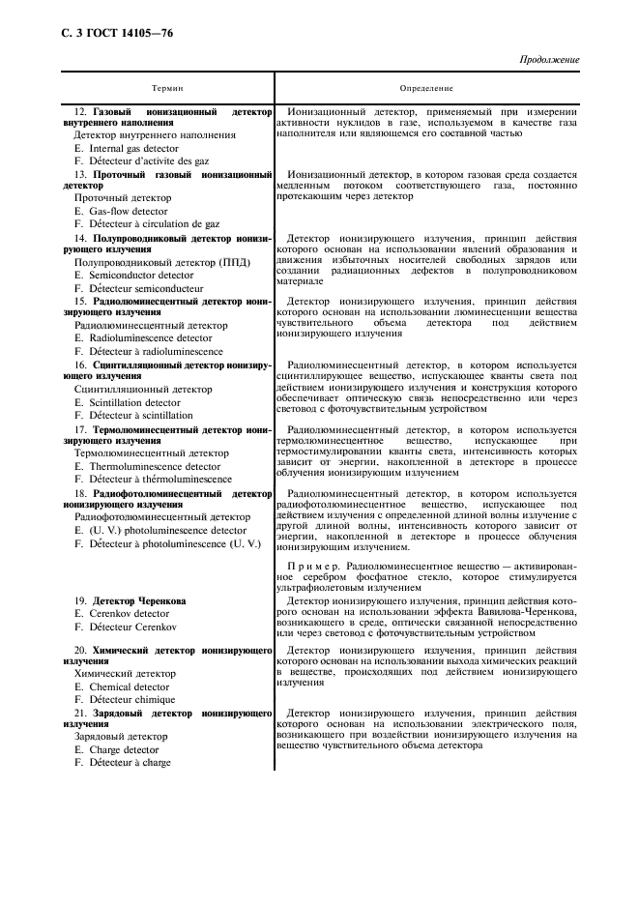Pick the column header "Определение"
426,88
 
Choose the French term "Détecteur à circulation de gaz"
155,223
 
